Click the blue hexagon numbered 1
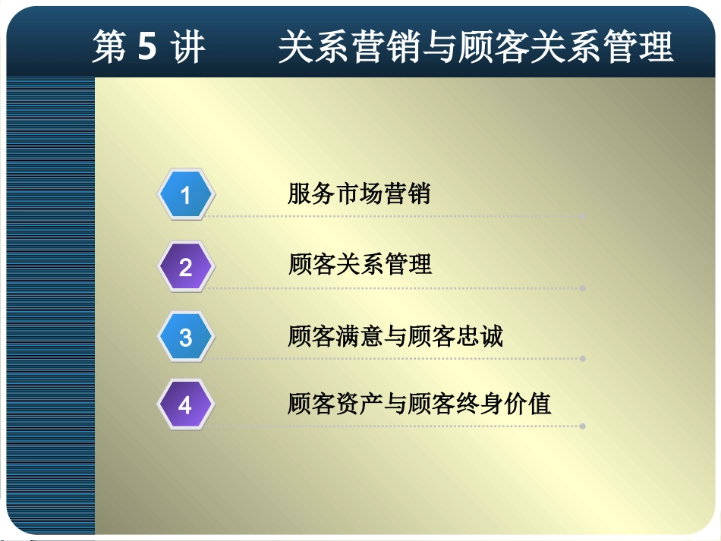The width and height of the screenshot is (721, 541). [x=186, y=196]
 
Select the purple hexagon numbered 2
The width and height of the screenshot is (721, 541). [x=186, y=267]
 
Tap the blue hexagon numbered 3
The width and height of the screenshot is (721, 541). [x=186, y=337]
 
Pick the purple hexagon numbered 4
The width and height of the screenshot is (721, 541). [x=186, y=405]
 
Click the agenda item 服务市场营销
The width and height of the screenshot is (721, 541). [x=358, y=194]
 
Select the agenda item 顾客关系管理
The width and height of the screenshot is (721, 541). [x=360, y=265]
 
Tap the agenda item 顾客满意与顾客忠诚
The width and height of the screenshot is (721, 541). [x=395, y=335]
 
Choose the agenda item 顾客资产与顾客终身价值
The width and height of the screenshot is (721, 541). [x=419, y=404]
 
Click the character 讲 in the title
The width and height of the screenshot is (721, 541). [x=187, y=48]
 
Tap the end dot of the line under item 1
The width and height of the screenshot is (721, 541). [x=583, y=216]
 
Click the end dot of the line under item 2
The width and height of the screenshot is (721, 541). [x=583, y=288]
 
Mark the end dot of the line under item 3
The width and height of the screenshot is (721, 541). [x=583, y=358]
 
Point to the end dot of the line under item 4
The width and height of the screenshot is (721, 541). [x=583, y=426]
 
